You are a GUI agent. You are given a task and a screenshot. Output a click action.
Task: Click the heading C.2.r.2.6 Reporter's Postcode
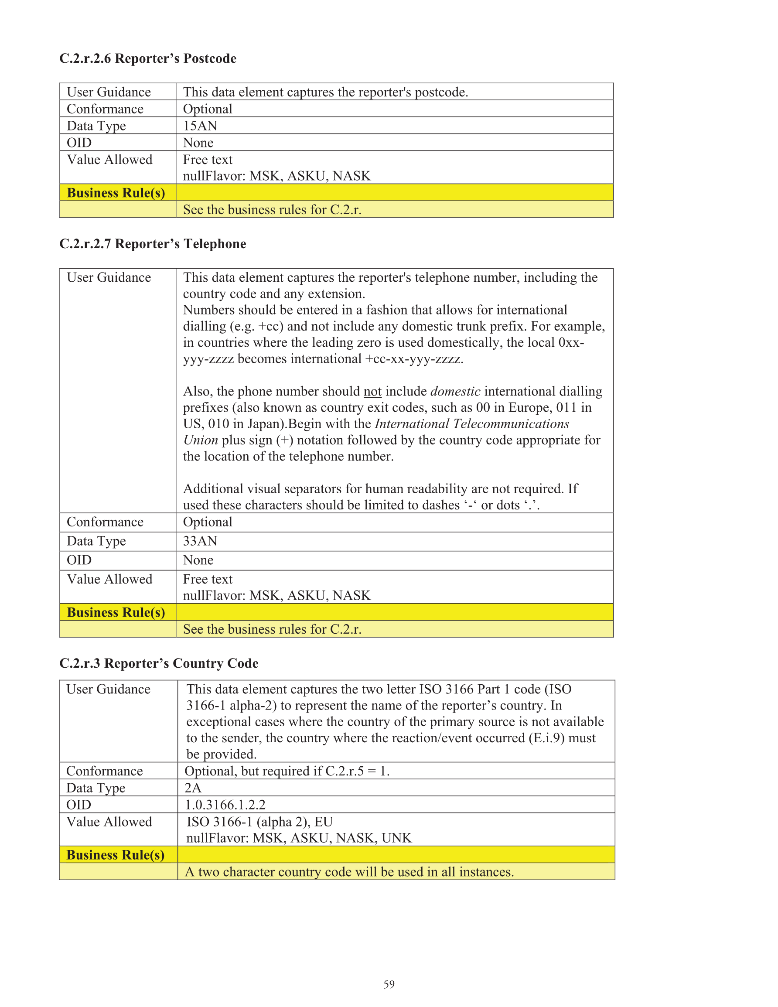click(x=147, y=58)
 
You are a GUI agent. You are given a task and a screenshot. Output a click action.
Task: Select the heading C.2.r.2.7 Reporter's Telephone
click(x=153, y=243)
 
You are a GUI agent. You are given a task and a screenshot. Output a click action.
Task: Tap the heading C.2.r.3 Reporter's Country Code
click(x=159, y=663)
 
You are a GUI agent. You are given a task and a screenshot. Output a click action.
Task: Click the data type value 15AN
click(x=200, y=126)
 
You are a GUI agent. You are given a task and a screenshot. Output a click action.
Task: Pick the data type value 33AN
click(x=200, y=541)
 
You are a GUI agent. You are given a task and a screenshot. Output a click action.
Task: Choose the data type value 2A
click(x=193, y=788)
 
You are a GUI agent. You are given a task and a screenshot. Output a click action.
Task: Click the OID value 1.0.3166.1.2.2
click(x=225, y=805)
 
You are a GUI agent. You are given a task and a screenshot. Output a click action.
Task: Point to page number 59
click(x=389, y=984)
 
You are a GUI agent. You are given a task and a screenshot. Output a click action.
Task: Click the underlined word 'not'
click(x=372, y=392)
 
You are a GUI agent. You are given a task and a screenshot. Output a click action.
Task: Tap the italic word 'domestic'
click(x=455, y=392)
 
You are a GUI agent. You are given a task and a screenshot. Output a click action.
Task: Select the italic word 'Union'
click(x=201, y=440)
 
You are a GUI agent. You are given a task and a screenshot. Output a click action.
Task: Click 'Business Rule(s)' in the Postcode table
click(x=116, y=193)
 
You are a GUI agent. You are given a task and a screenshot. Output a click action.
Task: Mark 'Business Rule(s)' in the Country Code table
click(x=115, y=855)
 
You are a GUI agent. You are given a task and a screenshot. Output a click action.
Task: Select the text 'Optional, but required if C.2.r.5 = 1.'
click(x=287, y=771)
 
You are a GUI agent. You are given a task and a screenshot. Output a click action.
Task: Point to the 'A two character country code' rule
click(x=349, y=872)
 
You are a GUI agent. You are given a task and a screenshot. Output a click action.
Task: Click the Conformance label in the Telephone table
click(x=105, y=522)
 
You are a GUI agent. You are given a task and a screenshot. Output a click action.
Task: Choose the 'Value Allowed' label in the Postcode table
click(x=109, y=160)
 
